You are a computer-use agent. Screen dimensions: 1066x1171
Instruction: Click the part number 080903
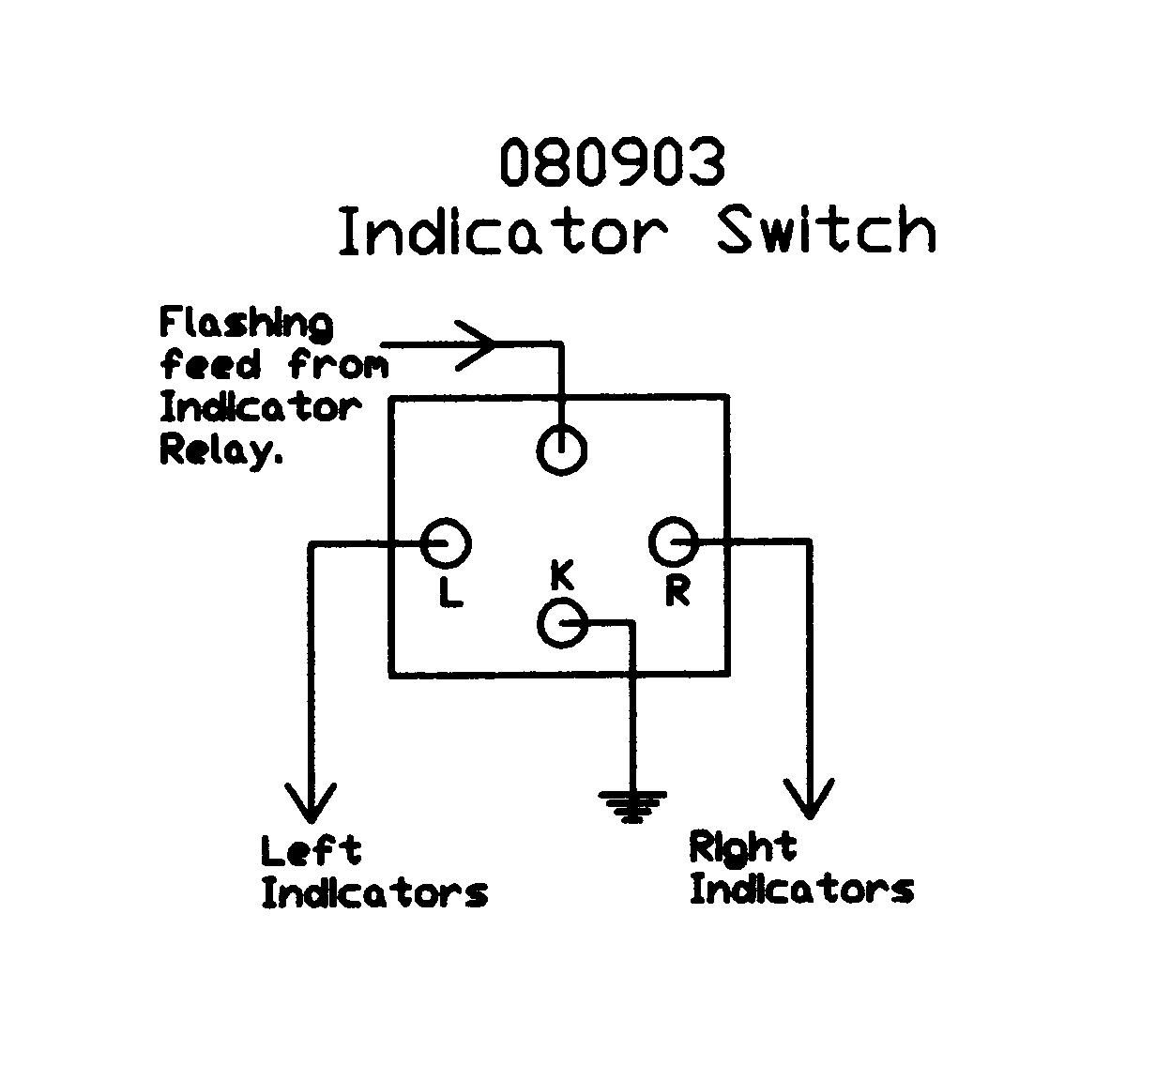612,162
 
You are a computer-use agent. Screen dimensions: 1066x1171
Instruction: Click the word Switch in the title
826,230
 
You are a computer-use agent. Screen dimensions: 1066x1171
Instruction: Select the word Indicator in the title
502,231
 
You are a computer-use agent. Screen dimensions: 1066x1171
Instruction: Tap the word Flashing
246,324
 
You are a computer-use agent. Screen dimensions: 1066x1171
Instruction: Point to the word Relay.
221,449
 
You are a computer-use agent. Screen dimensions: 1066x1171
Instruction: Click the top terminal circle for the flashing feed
561,449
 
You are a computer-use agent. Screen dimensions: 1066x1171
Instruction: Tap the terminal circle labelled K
562,622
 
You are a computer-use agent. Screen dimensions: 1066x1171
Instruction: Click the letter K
561,574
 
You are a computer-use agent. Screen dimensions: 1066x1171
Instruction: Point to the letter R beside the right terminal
677,591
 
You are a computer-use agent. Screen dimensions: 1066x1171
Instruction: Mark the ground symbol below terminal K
633,805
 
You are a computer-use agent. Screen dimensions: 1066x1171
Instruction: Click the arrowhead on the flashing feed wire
477,343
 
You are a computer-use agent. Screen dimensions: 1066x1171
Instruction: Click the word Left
311,851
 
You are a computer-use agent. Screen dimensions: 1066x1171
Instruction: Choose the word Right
742,847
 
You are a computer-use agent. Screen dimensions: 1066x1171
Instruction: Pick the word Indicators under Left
374,892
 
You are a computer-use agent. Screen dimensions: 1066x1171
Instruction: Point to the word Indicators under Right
801,889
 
